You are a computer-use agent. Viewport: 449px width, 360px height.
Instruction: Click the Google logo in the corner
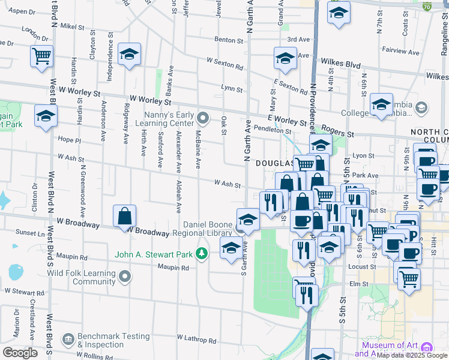pos(20,353)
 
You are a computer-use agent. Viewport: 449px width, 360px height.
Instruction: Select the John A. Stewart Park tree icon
pos(202,254)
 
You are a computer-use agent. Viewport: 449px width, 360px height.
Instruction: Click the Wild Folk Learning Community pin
pos(125,277)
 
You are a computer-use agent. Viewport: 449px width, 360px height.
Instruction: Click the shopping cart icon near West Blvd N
pos(41,57)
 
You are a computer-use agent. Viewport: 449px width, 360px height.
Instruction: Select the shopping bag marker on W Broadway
pos(124,216)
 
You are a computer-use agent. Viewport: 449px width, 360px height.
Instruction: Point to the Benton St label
pos(229,41)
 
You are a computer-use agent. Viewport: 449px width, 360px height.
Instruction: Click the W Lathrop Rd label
pos(196,340)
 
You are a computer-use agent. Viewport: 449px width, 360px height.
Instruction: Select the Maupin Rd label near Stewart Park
pos(173,268)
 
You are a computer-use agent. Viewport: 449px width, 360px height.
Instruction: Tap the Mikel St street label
pos(73,26)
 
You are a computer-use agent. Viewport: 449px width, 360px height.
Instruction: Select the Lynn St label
pos(231,89)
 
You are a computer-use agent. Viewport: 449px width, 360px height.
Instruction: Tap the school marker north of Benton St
pos(339,13)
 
